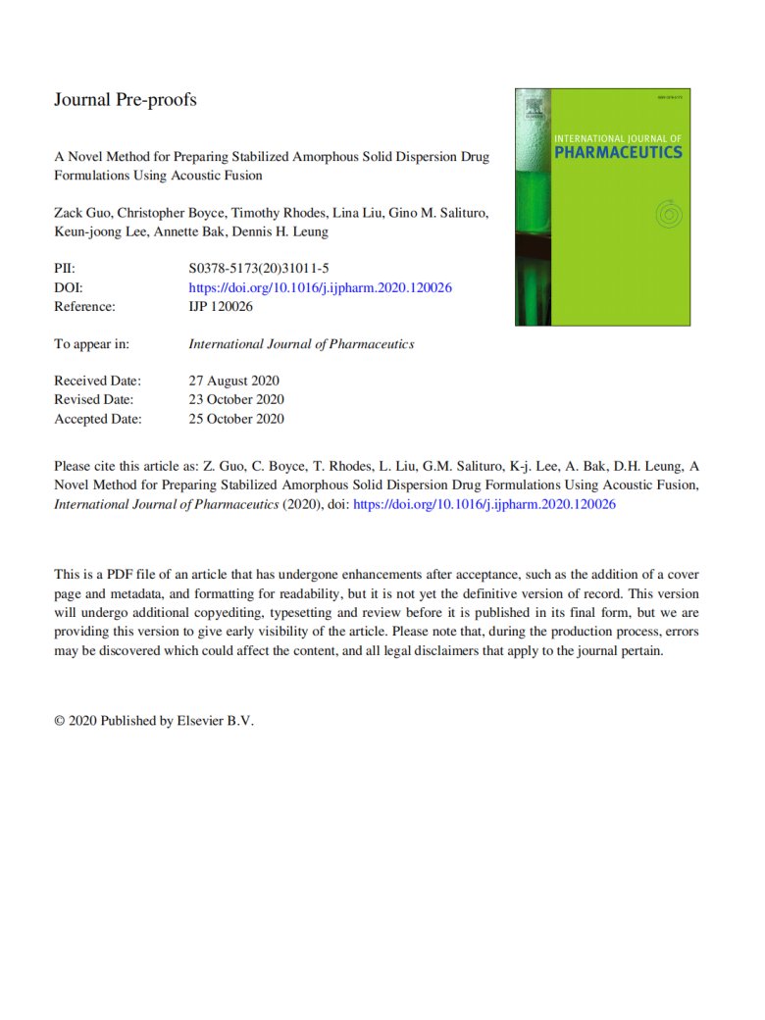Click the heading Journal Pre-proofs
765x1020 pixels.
pyautogui.click(x=125, y=100)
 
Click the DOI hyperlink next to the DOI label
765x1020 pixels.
pyautogui.click(x=319, y=287)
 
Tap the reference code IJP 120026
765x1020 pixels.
pyautogui.click(x=221, y=306)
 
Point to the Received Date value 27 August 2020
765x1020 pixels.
pyautogui.click(x=233, y=381)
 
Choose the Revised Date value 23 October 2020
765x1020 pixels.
pyautogui.click(x=235, y=399)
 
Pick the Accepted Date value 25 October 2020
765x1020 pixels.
pyautogui.click(x=235, y=418)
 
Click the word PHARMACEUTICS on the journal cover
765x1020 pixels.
pyautogui.click(x=617, y=152)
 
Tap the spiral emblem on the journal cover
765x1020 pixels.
pyautogui.click(x=666, y=211)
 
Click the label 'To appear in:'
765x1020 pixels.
pyautogui.click(x=91, y=344)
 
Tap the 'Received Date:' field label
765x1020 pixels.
pyautogui.click(x=97, y=381)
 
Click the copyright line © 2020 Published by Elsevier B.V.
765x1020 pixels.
pyautogui.click(x=154, y=720)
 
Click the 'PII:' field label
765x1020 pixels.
pyautogui.click(x=65, y=269)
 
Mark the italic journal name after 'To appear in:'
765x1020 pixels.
pyautogui.click(x=300, y=344)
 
